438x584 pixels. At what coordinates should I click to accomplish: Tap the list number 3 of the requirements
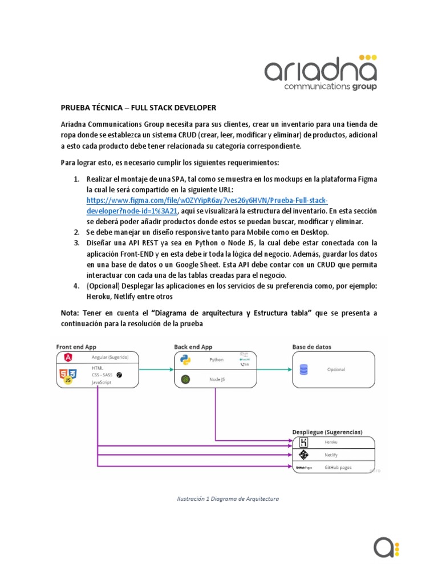76,242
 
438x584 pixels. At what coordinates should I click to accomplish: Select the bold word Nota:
71,313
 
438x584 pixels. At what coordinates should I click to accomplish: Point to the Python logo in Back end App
185,360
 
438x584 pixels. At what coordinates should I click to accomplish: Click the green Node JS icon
185,379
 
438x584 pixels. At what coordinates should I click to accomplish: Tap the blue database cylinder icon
303,370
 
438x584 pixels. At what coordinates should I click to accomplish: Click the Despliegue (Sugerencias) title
327,432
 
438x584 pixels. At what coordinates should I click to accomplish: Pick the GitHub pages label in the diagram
338,467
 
